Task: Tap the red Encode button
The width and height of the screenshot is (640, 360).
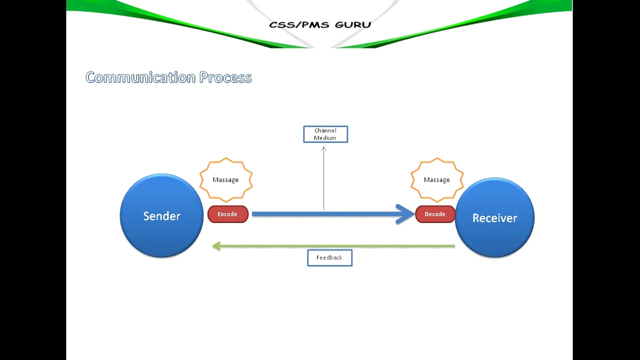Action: click(x=228, y=214)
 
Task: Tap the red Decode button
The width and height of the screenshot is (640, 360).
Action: click(x=435, y=214)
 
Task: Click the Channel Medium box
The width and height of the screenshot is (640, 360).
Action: click(x=325, y=134)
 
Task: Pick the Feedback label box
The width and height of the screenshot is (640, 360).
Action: click(x=329, y=257)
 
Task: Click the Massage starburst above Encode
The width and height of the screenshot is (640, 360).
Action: click(x=226, y=179)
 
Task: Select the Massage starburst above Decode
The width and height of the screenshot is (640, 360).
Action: click(x=437, y=179)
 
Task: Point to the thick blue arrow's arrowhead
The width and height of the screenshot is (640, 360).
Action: click(x=406, y=214)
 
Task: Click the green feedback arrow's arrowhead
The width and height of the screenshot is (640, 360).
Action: click(x=216, y=246)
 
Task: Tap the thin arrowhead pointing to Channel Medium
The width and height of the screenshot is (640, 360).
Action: click(x=323, y=148)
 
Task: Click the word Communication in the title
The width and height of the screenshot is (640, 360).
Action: click(x=140, y=77)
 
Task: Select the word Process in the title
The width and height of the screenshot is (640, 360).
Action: click(x=225, y=77)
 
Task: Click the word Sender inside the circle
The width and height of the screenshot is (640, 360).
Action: click(x=161, y=216)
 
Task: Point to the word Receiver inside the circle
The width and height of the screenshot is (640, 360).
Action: click(x=494, y=218)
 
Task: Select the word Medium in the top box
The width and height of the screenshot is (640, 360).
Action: click(x=325, y=138)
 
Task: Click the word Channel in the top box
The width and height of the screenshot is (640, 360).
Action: click(x=325, y=131)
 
